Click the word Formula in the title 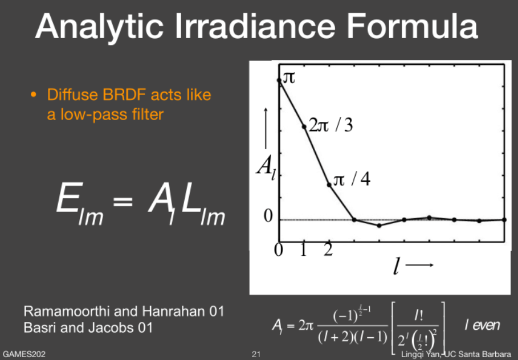[x=412, y=26]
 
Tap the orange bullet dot [x=33, y=95]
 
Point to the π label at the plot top [x=289, y=77]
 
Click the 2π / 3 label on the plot [x=331, y=125]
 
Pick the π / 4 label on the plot [x=352, y=179]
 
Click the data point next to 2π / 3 [x=304, y=126]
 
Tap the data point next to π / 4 [x=329, y=185]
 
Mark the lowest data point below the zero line [x=380, y=226]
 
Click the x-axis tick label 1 [x=304, y=250]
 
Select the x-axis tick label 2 [x=328, y=250]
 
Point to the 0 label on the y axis [x=268, y=216]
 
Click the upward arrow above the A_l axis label [x=266, y=129]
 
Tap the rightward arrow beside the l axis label [x=419, y=265]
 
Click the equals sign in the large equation [x=123, y=201]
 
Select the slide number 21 [x=256, y=354]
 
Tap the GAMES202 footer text [x=24, y=354]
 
